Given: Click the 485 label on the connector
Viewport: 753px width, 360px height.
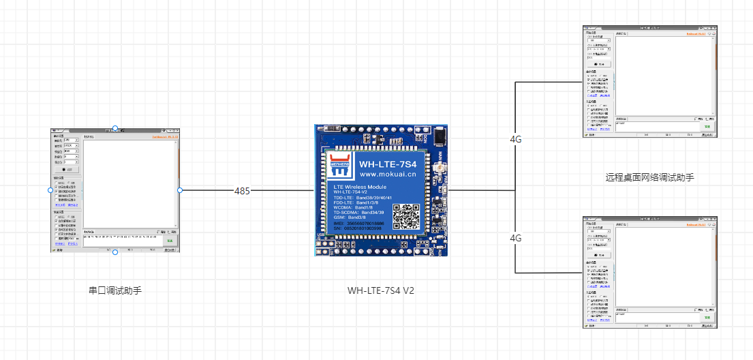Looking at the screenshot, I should point(242,191).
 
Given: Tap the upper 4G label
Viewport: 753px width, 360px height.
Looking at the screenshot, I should point(516,139).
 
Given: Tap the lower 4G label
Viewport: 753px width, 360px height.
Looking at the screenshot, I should point(516,238).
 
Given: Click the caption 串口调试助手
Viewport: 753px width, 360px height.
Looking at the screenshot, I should point(115,290).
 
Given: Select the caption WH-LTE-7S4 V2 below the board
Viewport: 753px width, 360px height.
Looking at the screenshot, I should point(382,290).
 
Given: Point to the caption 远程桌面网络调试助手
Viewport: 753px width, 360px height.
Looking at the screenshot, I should point(649,177).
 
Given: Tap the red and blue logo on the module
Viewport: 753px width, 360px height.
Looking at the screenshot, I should point(339,160).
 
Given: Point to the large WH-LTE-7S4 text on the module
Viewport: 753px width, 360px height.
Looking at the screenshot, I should point(388,164).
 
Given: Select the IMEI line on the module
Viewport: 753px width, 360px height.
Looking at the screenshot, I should point(358,223).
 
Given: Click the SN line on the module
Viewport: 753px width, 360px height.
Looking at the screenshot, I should point(358,228).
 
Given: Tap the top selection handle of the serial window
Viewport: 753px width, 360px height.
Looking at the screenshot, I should point(115,128).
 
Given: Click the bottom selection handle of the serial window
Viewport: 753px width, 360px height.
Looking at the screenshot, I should point(115,252).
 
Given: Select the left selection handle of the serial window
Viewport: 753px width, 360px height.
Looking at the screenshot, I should point(50,190).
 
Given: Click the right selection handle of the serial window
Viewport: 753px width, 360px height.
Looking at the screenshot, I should point(180,190).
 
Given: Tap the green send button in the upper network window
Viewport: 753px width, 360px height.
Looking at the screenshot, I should point(707,127).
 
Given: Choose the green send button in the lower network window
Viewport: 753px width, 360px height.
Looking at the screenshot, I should point(707,318).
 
